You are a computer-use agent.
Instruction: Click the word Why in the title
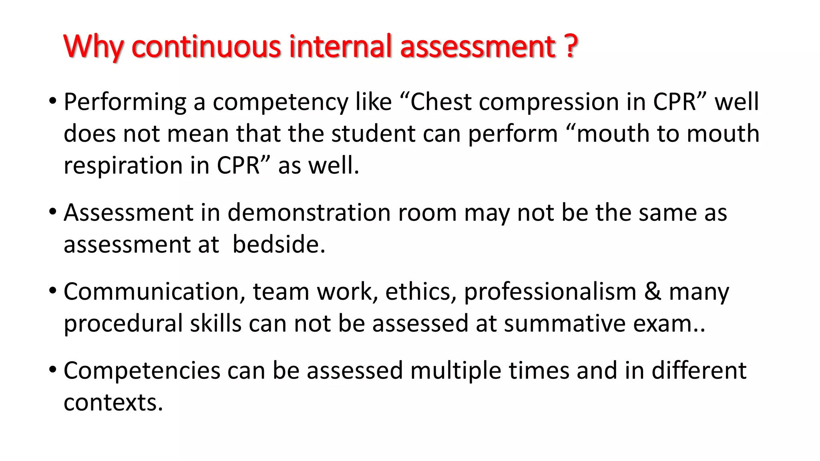coord(93,47)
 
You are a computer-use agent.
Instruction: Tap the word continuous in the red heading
coord(206,47)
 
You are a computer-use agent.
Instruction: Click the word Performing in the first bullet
coord(125,102)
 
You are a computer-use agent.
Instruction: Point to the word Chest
coord(441,102)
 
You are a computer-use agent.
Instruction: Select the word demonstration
coord(309,212)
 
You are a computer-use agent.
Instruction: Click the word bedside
coord(279,245)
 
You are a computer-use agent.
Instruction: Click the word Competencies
coord(142,371)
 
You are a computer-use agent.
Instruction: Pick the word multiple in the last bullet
coord(456,371)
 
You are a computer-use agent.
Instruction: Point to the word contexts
coord(113,403)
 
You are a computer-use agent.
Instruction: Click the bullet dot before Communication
coord(52,291)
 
